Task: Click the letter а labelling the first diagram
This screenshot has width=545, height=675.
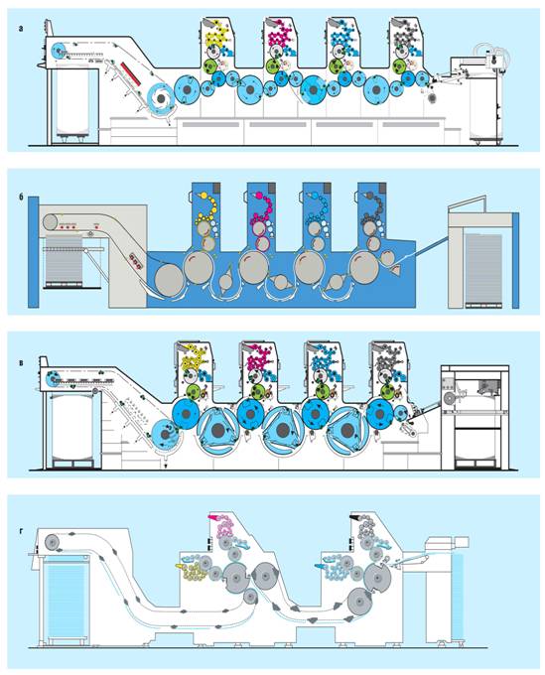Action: [21, 29]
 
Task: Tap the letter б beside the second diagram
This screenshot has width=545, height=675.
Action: [21, 198]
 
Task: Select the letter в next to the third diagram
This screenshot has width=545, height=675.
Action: [21, 362]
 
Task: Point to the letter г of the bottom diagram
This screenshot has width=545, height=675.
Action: [21, 529]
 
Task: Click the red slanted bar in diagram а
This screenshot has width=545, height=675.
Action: [130, 72]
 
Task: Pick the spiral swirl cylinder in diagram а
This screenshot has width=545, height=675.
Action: [161, 98]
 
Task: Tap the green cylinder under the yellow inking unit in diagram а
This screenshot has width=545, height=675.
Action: [210, 66]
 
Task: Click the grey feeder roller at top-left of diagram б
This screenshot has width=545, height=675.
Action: [51, 222]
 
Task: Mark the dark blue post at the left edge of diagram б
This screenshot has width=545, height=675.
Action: [33, 252]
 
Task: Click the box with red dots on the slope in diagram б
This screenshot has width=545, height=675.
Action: [135, 261]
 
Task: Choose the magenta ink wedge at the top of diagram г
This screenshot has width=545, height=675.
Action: [213, 517]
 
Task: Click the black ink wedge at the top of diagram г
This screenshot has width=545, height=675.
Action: [356, 517]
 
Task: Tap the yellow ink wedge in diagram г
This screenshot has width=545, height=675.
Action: [179, 566]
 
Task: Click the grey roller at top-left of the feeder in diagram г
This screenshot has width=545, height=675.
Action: [53, 542]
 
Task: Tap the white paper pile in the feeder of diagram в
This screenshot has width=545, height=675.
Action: [71, 428]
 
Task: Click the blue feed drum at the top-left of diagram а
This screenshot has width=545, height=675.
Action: [58, 51]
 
